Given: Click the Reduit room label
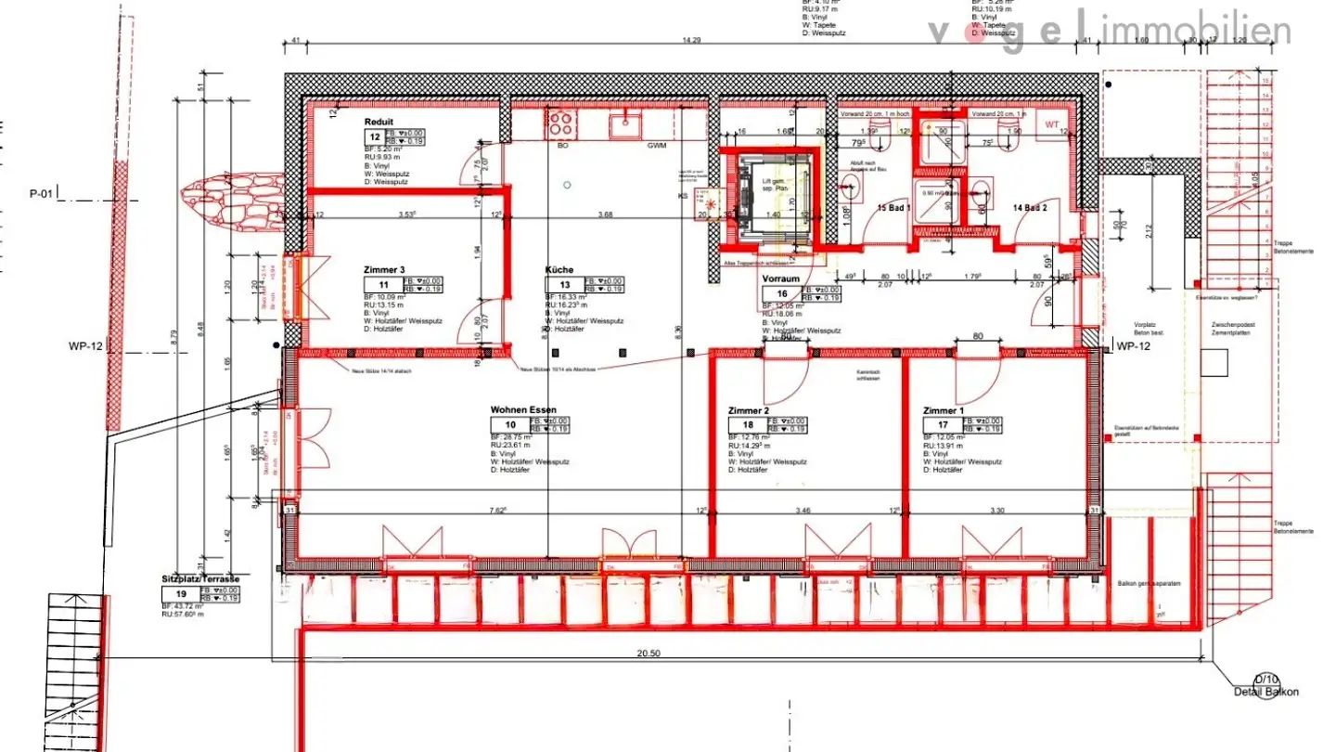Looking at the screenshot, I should tap(379, 122).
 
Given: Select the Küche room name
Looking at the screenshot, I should tap(559, 270).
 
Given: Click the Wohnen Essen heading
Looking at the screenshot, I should tap(522, 409).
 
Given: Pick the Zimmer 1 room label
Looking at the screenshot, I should tap(944, 409).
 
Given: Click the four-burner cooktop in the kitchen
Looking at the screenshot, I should tap(562, 124).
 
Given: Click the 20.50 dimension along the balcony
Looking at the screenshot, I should tap(649, 654).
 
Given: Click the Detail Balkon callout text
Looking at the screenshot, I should tap(1265, 692).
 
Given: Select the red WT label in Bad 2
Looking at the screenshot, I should tap(1052, 124).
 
